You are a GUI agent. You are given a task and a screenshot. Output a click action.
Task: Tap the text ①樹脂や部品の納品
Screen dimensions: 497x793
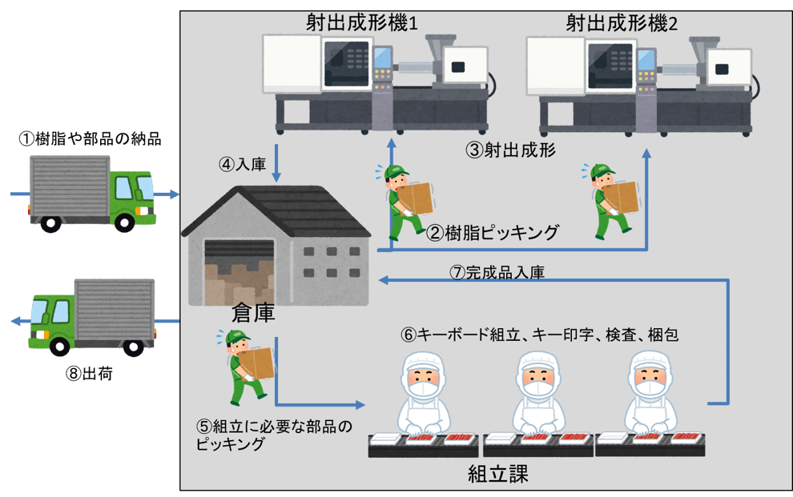point(90,139)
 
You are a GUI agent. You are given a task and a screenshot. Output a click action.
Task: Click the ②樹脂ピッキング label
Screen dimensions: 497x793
point(492,233)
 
